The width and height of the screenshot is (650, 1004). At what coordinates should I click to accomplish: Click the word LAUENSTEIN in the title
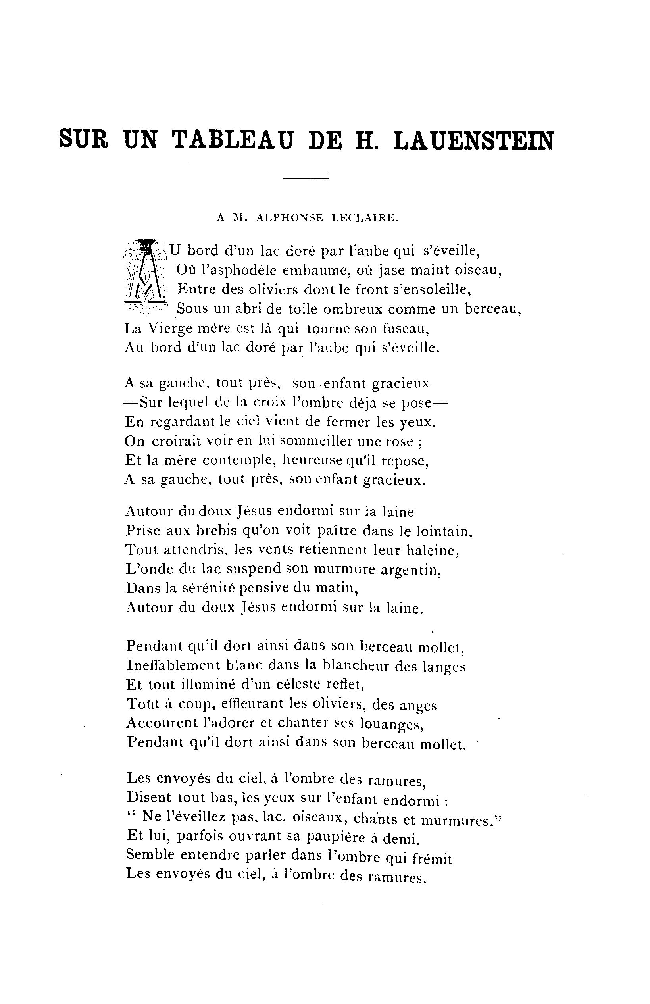473,140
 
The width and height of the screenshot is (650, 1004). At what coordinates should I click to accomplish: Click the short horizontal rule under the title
306,179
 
